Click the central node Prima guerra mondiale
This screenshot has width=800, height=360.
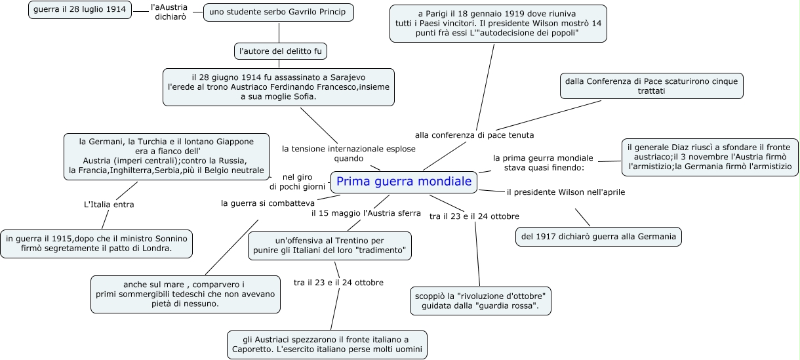(404, 182)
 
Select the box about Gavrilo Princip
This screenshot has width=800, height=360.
(279, 12)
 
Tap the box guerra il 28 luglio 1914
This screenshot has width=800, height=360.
(79, 10)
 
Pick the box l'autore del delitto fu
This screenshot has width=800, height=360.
(280, 50)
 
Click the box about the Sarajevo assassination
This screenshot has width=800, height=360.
(279, 87)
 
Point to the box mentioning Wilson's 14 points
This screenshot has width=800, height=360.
(498, 23)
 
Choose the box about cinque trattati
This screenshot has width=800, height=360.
(651, 86)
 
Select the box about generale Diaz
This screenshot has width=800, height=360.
(710, 157)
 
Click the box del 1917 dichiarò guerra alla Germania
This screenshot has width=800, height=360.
(598, 237)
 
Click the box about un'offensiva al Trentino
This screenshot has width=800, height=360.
(330, 246)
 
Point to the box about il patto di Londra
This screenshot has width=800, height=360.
(97, 243)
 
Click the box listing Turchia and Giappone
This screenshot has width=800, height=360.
(167, 156)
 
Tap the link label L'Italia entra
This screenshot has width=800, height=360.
(109, 205)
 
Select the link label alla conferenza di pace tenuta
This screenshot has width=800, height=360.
(474, 135)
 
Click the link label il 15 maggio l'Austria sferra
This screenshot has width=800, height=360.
(366, 213)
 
